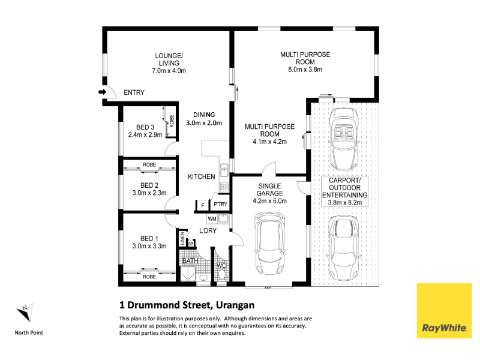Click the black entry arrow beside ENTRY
click(x=102, y=92)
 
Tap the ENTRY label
click(x=134, y=92)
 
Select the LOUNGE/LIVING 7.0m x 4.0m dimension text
click(x=169, y=71)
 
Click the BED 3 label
click(x=145, y=127)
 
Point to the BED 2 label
click(x=149, y=185)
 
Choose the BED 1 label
click(x=149, y=238)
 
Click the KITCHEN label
click(x=202, y=176)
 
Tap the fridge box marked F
click(x=203, y=205)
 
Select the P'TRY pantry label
click(x=220, y=204)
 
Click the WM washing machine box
click(x=212, y=218)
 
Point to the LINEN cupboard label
click(x=182, y=238)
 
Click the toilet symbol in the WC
click(x=221, y=275)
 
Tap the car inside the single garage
click(x=269, y=244)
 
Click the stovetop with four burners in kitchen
click(x=224, y=187)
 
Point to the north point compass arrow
click(x=25, y=312)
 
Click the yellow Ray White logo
click(x=444, y=311)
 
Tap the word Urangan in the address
click(x=235, y=305)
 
